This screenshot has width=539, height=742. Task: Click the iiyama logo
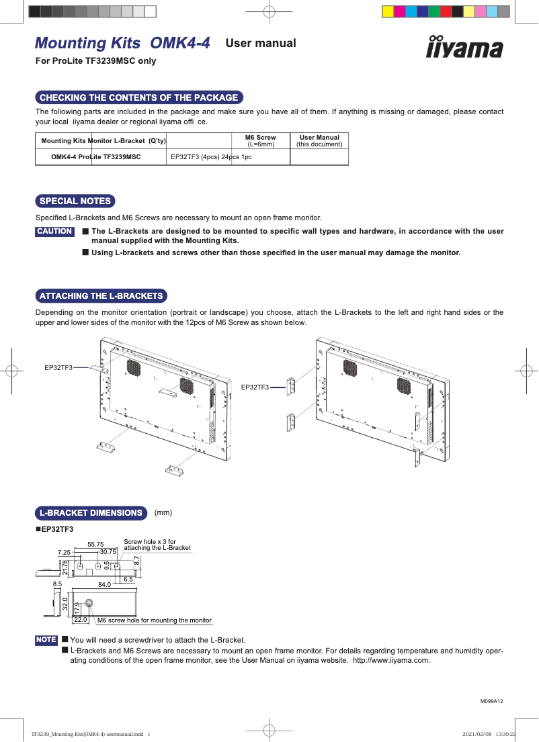click(464, 48)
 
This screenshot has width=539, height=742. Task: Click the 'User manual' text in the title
click(261, 44)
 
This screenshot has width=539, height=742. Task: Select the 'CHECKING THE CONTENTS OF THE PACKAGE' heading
click(138, 97)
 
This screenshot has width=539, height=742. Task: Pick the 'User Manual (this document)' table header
click(319, 140)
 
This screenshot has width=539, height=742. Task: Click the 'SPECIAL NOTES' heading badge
click(75, 201)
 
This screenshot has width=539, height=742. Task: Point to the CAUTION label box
click(54, 232)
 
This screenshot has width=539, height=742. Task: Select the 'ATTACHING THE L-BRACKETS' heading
click(101, 295)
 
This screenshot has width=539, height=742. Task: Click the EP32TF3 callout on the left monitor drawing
click(58, 367)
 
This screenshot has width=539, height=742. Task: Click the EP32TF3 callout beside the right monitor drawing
click(255, 387)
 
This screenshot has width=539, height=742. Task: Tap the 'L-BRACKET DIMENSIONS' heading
click(91, 513)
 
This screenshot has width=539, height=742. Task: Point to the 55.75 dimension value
click(95, 544)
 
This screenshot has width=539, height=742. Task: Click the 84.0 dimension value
click(104, 585)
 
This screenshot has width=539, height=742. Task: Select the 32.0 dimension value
click(65, 603)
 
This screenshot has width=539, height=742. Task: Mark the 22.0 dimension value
click(81, 620)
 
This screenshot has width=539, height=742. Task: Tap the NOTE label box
click(46, 640)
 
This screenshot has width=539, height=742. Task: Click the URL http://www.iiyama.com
click(390, 660)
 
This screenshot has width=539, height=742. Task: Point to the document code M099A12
click(491, 701)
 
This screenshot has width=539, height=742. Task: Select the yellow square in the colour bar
click(387, 11)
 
